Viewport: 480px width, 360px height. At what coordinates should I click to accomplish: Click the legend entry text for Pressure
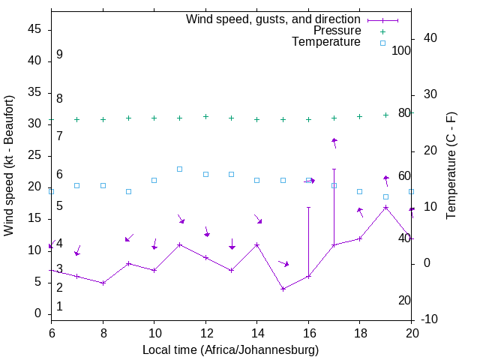[x=337, y=31]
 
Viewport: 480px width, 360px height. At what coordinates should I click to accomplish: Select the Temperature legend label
[x=326, y=42]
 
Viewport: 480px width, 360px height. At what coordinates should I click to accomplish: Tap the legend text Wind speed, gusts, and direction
[x=273, y=19]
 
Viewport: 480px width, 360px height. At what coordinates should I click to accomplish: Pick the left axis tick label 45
[x=34, y=28]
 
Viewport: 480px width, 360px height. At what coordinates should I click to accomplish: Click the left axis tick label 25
[x=34, y=155]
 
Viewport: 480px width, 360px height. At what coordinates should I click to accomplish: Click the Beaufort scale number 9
[x=59, y=55]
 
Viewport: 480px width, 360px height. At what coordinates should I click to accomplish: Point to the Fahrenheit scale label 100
[x=401, y=51]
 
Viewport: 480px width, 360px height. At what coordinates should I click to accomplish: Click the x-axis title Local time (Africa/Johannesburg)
[x=230, y=350]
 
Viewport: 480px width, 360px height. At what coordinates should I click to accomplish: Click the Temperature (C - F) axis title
[x=451, y=165]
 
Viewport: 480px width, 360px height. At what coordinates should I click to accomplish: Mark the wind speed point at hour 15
[x=283, y=289]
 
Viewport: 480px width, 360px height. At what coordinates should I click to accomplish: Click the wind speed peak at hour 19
[x=385, y=207]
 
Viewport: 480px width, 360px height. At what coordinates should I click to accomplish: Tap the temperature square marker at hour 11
[x=180, y=169]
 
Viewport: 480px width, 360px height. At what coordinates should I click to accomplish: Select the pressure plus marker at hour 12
[x=205, y=116]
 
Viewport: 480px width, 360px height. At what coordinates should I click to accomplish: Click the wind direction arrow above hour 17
[x=334, y=142]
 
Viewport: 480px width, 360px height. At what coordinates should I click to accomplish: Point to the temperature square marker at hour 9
[x=128, y=191]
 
